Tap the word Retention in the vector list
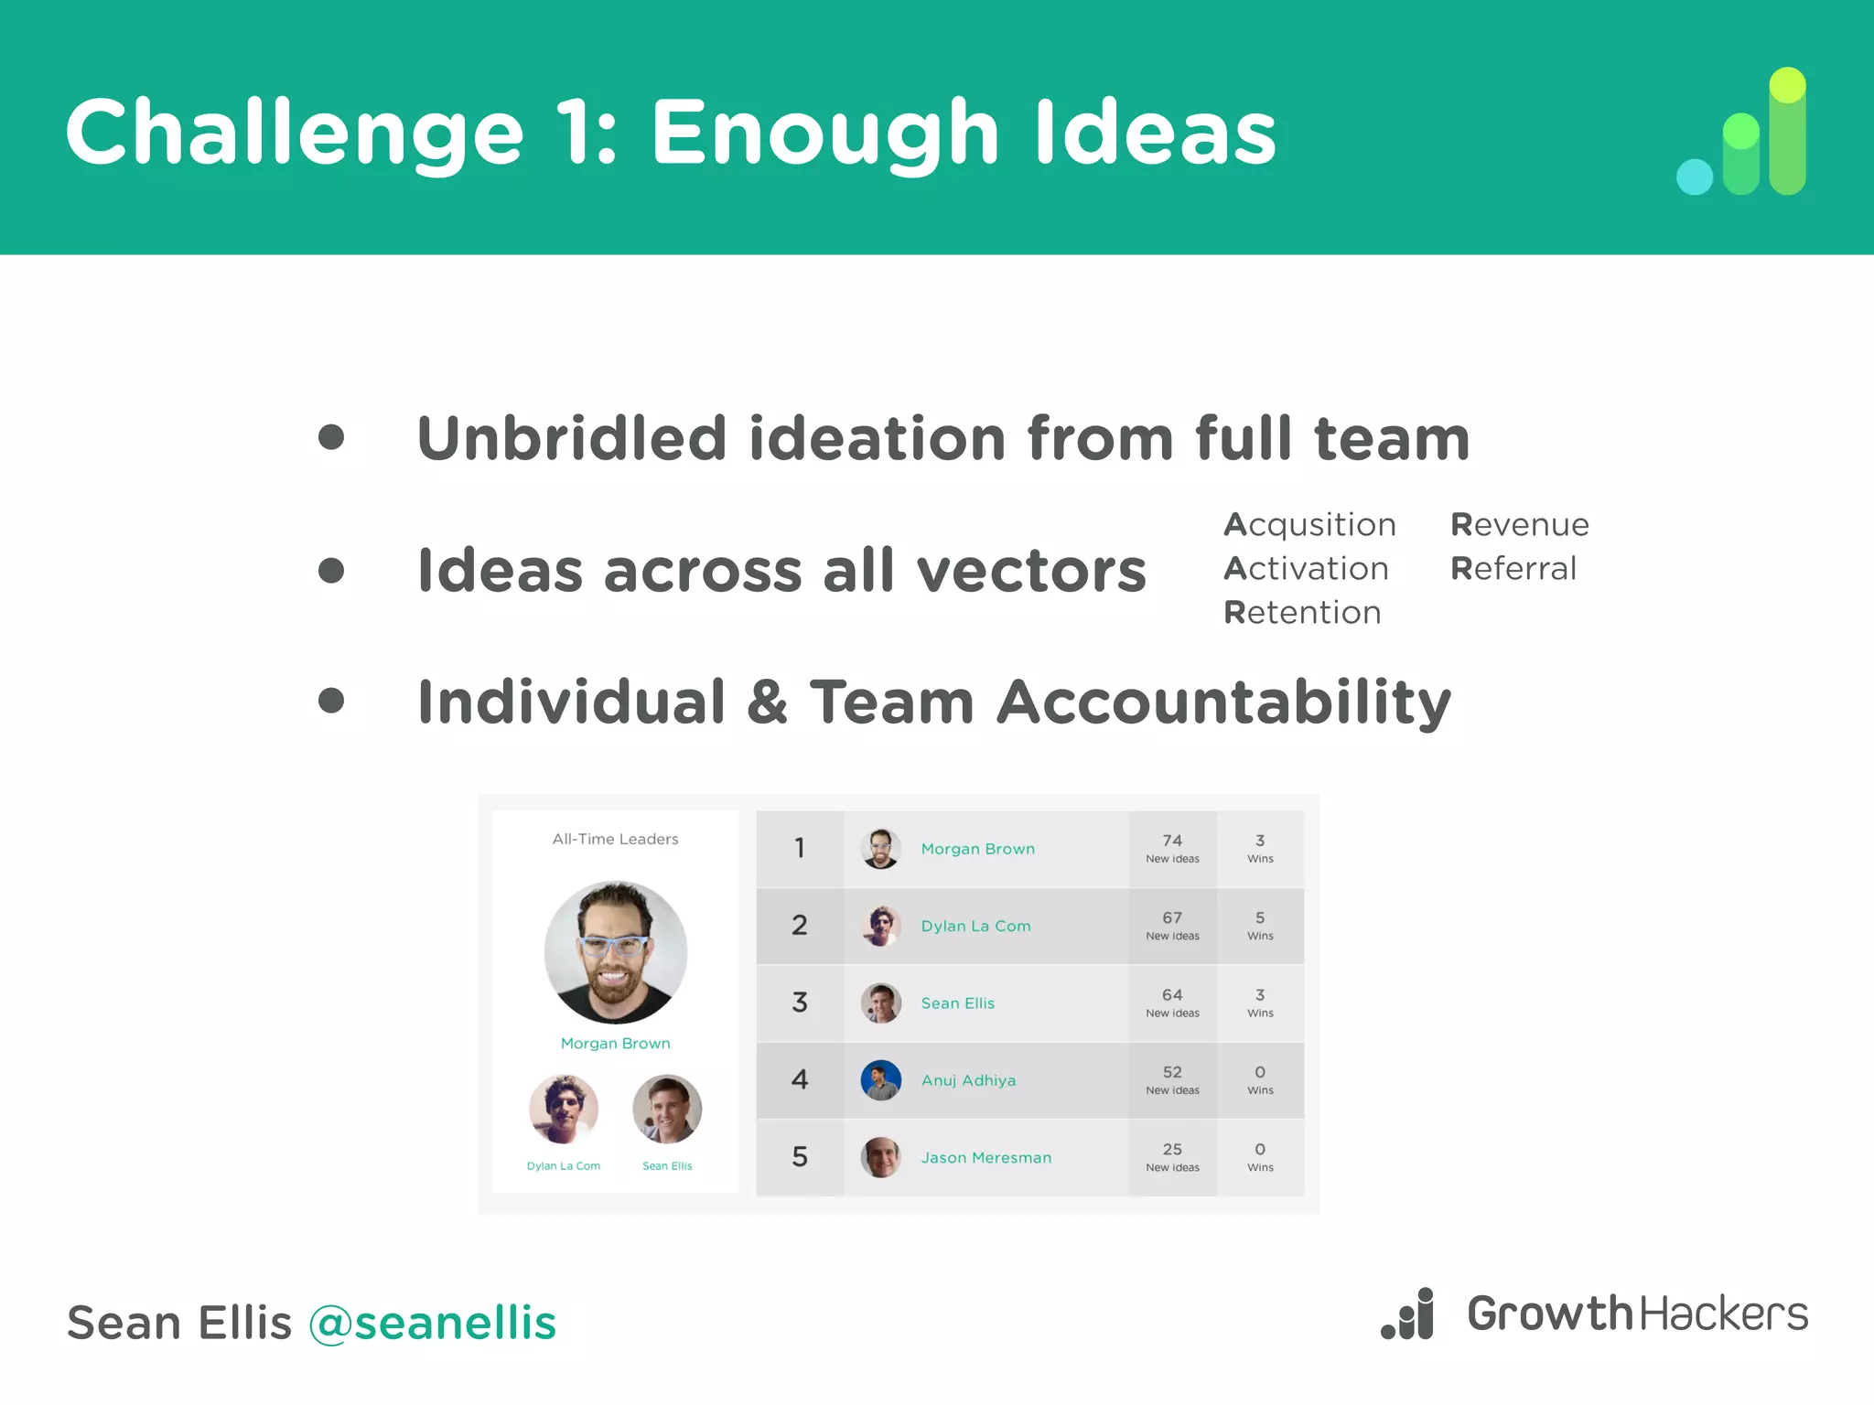[1302, 613]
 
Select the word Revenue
[1519, 525]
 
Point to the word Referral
[1513, 569]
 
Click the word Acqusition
[1309, 525]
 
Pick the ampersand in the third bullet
[767, 702]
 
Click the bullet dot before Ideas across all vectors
[331, 571]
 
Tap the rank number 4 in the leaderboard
[799, 1080]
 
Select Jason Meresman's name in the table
[985, 1158]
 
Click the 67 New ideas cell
[1172, 925]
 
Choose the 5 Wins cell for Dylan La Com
[1260, 925]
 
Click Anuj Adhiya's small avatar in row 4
[880, 1080]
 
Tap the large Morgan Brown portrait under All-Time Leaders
[615, 951]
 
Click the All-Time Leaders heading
[615, 839]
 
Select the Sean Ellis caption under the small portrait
[667, 1166]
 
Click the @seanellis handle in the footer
[432, 1324]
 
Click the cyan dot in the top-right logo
[1694, 177]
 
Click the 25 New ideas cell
[1172, 1157]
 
